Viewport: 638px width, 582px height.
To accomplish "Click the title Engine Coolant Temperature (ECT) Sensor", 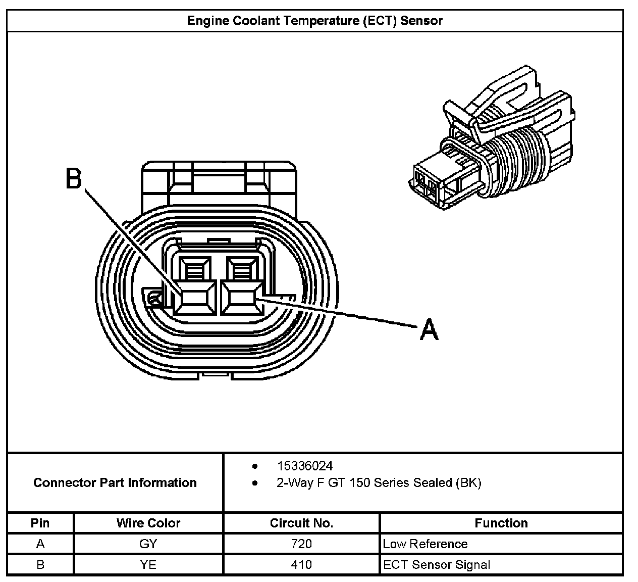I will pos(315,21).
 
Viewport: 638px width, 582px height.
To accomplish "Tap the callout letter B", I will pos(74,179).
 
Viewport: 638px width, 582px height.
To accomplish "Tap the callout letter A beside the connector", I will pos(429,329).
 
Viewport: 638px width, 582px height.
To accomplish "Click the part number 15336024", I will pos(304,466).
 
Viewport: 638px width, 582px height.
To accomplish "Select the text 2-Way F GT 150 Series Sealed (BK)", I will pos(379,483).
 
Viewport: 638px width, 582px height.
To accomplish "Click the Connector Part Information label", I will pos(115,483).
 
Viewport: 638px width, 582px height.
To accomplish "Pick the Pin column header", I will pos(40,523).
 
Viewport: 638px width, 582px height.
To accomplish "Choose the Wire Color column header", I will pos(148,523).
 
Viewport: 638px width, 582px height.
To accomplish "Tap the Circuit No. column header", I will pos(301,523).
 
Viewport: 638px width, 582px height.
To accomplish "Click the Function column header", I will pos(501,523).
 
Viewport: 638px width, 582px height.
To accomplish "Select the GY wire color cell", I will pos(148,544).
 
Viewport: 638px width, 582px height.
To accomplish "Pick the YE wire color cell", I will pos(148,564).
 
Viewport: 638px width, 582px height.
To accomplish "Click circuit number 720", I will pos(301,544).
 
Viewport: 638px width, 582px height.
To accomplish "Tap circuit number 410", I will pos(301,564).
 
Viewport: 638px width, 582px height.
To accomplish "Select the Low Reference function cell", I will pos(425,544).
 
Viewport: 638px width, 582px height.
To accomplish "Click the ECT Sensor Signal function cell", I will pos(437,564).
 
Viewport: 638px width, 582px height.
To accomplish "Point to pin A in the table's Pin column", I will pos(40,544).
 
